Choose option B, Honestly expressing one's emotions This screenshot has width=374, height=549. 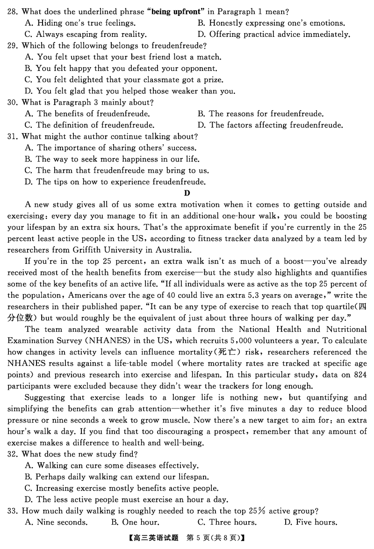[x=271, y=22]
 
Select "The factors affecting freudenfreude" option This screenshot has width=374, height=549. [x=270, y=125]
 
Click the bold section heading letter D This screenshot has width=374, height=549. [x=187, y=193]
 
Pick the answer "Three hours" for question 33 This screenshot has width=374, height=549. [x=227, y=522]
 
